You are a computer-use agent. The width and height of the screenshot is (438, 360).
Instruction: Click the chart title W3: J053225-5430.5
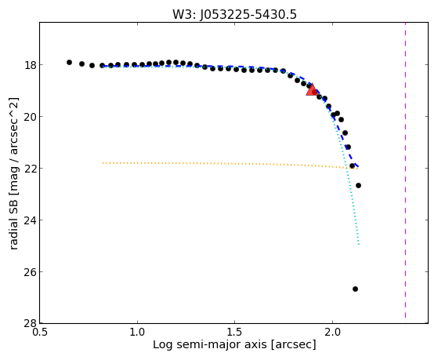click(x=234, y=14)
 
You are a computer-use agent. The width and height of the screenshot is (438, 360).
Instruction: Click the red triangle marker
click(x=311, y=89)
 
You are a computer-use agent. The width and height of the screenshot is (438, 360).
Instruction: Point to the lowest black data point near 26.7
click(x=355, y=289)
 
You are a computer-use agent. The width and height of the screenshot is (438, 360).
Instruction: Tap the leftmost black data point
click(x=69, y=63)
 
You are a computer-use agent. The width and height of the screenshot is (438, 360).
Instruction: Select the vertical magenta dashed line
click(x=405, y=170)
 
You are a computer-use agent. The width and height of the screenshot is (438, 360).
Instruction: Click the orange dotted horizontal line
click(x=230, y=165)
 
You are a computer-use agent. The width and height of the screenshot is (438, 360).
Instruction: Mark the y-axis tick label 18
click(x=30, y=65)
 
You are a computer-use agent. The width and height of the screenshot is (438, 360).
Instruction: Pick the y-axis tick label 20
click(x=30, y=117)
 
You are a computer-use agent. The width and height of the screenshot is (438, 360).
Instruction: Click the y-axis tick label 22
click(x=30, y=169)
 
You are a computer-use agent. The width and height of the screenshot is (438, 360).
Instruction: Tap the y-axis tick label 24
click(x=30, y=220)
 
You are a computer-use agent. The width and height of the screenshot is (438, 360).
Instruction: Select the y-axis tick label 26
click(x=30, y=272)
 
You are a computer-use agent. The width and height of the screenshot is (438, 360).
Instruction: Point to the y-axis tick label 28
click(x=30, y=324)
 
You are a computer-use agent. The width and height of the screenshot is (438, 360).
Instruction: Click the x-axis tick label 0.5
click(x=40, y=333)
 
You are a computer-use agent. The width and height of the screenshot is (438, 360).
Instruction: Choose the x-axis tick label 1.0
click(x=137, y=333)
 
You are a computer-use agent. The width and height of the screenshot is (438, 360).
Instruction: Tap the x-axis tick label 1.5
click(x=234, y=333)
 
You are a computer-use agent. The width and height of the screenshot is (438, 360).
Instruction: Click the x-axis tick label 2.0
click(x=332, y=333)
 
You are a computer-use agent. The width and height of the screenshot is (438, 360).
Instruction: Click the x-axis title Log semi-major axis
click(x=210, y=344)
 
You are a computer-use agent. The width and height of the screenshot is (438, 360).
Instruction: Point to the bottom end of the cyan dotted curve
click(x=359, y=245)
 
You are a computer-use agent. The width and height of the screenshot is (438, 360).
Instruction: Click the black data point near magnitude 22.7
click(x=358, y=185)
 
